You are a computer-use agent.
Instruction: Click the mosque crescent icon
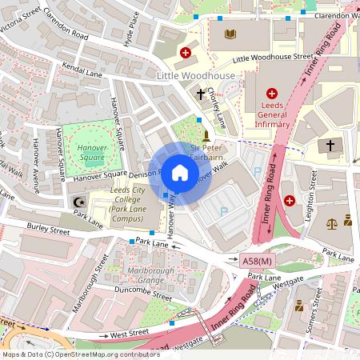[x=78, y=203]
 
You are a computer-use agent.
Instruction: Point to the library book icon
[x=231, y=34]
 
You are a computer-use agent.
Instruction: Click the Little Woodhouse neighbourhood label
[x=196, y=75]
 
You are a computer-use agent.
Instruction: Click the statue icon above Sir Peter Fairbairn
[x=206, y=134]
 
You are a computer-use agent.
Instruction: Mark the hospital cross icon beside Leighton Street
[x=290, y=200]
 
